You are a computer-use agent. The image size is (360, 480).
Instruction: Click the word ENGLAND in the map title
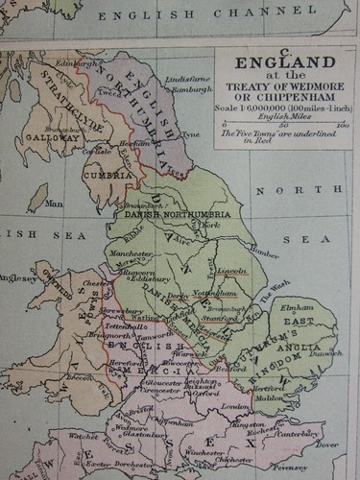293,63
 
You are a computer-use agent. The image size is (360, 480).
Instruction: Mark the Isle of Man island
38,199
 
